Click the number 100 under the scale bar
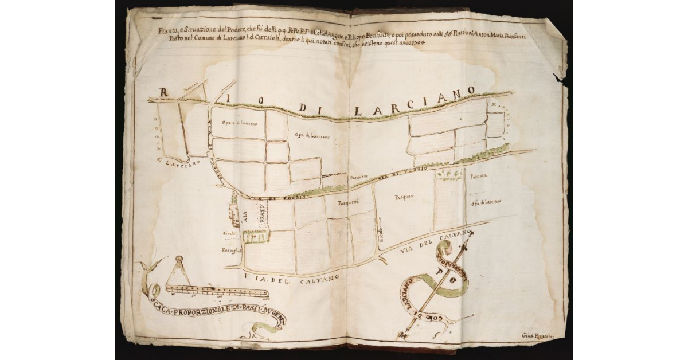pyautogui.click(x=265, y=299)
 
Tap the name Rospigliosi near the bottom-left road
pyautogui.click(x=233, y=251)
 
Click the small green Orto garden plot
pyautogui.click(x=253, y=236)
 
